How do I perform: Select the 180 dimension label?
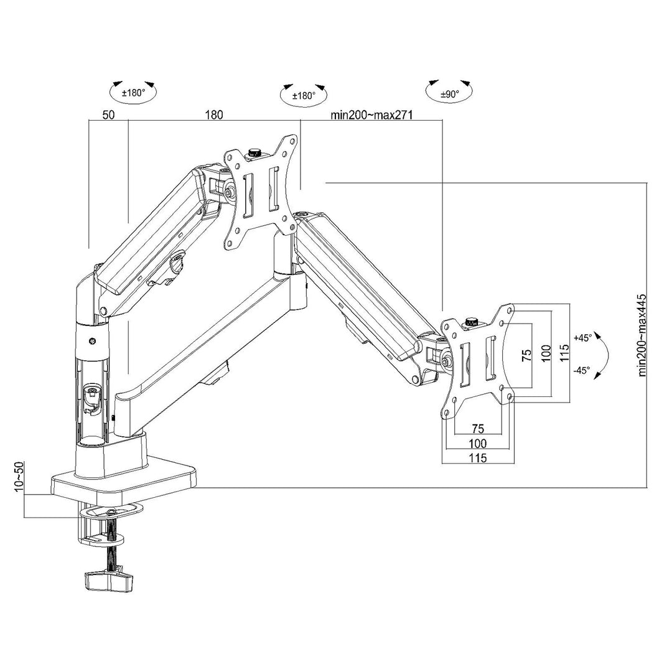213,114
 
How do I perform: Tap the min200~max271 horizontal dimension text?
373,114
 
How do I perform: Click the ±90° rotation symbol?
449,94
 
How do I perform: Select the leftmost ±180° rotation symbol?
133,93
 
